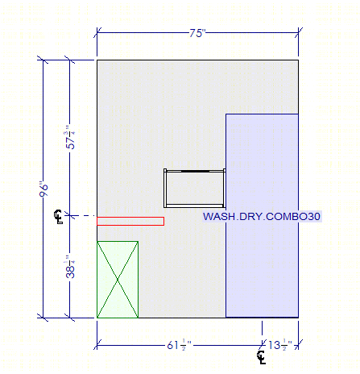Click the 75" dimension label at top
click(x=197, y=33)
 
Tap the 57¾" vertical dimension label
click(x=70, y=137)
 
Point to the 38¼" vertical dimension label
click(x=70, y=266)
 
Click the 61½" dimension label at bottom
click(x=179, y=345)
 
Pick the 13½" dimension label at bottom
click(x=280, y=345)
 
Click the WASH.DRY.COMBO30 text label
click(x=262, y=216)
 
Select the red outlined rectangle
click(x=130, y=221)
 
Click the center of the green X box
click(x=118, y=280)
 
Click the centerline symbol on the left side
click(x=58, y=217)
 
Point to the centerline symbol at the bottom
click(x=262, y=357)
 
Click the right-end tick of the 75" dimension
click(x=299, y=33)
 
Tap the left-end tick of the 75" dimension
click(x=97, y=33)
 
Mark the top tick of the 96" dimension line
click(x=43, y=60)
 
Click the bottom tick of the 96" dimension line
click(x=43, y=318)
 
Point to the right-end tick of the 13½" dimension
click(x=299, y=345)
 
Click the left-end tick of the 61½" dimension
click(x=97, y=345)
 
